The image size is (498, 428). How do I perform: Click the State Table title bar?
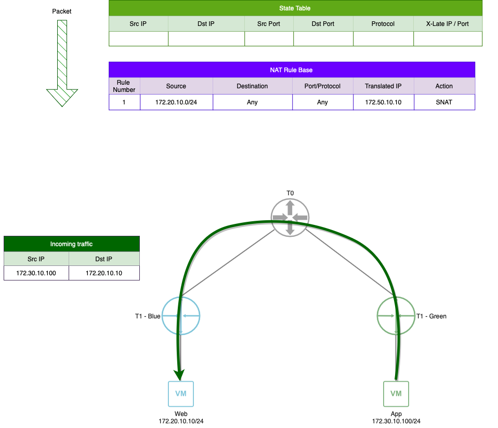tap(295, 8)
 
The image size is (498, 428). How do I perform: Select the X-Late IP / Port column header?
tap(448, 24)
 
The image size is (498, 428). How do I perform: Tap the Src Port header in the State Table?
tap(269, 24)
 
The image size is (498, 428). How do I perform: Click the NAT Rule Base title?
tap(292, 70)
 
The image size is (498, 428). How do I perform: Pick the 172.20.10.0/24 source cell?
tap(176, 102)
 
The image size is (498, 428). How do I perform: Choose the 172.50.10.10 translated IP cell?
tap(383, 102)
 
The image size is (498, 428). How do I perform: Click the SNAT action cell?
tap(444, 102)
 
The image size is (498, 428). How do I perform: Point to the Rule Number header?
tap(124, 86)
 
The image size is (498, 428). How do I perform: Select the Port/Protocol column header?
tap(322, 86)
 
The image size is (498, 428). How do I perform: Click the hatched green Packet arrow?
tap(62, 62)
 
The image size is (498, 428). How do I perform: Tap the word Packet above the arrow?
tap(62, 11)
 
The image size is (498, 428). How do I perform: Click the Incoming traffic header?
tap(71, 244)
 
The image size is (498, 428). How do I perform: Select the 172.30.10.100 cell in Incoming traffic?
tap(36, 273)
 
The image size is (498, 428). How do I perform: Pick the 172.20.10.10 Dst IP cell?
tap(104, 273)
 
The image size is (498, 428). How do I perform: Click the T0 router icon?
tap(290, 217)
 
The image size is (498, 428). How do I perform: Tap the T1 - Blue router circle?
tap(181, 316)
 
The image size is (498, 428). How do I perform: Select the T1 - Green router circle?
tap(396, 316)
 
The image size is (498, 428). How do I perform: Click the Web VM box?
tap(181, 394)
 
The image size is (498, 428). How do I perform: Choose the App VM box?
tap(396, 394)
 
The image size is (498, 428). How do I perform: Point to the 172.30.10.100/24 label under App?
tap(396, 421)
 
